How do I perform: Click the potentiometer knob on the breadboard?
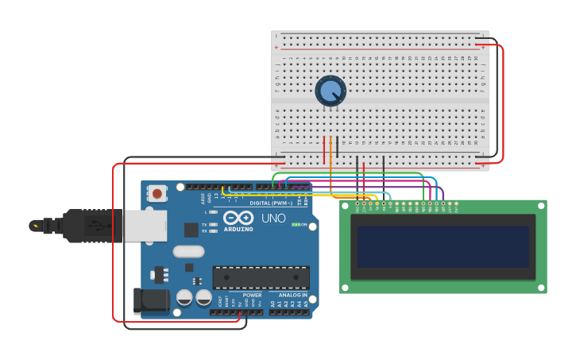(x=330, y=91)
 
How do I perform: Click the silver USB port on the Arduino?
(x=145, y=225)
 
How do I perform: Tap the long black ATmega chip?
(x=261, y=277)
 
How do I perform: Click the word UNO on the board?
(x=273, y=218)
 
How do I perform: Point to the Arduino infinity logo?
(x=238, y=218)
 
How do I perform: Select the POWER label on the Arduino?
(x=252, y=295)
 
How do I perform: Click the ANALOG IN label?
(x=292, y=295)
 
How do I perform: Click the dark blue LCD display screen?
(x=443, y=246)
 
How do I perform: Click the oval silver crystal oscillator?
(x=188, y=252)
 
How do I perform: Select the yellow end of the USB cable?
(x=36, y=226)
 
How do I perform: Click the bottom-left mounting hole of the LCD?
(x=346, y=287)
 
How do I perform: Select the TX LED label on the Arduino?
(x=206, y=225)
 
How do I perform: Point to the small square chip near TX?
(x=191, y=230)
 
